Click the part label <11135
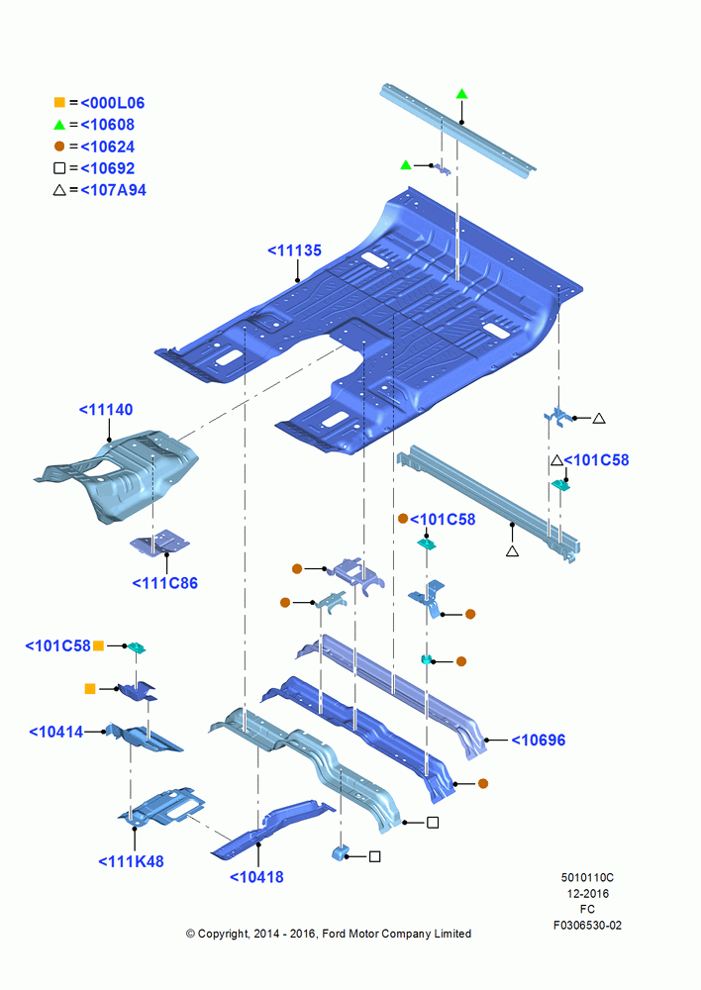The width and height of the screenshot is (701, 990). [294, 250]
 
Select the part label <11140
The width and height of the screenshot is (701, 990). [106, 410]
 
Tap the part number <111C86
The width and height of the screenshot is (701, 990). [164, 583]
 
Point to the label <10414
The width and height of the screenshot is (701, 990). [56, 732]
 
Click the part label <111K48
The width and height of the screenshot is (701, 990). [131, 861]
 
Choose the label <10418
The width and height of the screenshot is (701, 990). [256, 877]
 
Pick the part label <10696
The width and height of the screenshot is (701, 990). [538, 740]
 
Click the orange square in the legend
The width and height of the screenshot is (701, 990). [59, 102]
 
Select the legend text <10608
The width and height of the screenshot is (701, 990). [107, 125]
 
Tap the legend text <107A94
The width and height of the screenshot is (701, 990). [113, 190]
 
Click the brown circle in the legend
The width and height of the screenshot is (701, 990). [59, 147]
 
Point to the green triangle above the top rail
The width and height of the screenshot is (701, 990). [461, 94]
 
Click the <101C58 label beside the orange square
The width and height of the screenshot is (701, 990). [58, 645]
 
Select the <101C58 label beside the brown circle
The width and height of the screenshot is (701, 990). [443, 520]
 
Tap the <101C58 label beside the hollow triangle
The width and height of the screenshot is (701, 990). [596, 460]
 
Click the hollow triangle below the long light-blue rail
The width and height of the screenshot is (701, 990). [512, 551]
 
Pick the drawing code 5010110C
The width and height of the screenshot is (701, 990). [587, 877]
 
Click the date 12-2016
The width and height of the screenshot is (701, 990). [587, 893]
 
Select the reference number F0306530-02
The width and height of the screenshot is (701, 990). [587, 925]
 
